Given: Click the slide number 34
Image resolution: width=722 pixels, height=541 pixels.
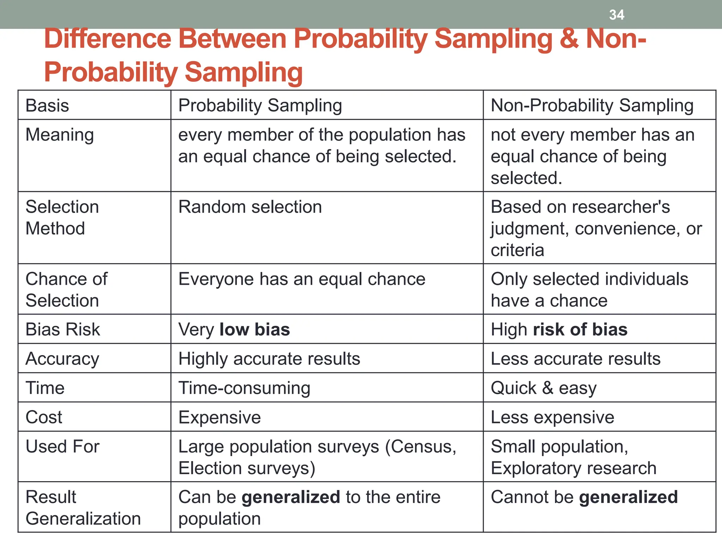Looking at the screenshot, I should [x=617, y=15].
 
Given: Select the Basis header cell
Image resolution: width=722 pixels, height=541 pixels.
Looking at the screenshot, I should [x=47, y=105].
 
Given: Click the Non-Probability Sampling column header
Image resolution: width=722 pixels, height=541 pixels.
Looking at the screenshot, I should [x=592, y=105].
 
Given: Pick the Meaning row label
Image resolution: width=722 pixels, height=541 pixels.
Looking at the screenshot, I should [x=60, y=135].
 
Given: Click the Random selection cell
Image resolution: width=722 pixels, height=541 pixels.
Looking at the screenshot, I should [x=250, y=207].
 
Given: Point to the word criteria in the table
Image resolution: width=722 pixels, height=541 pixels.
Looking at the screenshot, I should [x=517, y=250].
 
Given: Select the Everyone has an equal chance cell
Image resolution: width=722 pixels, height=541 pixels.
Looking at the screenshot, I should [x=302, y=279].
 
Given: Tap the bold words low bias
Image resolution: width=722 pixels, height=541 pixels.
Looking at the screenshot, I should [x=255, y=329].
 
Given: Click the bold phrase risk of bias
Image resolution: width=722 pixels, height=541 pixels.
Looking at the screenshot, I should [x=580, y=329].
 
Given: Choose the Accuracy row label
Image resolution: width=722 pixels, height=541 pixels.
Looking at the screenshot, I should [x=62, y=359].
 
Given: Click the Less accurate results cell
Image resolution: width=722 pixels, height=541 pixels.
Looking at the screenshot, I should [x=575, y=359].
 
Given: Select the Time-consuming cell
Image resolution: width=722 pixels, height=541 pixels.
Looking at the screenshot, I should [x=244, y=388].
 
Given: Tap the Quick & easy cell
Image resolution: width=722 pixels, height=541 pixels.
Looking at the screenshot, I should [x=543, y=388].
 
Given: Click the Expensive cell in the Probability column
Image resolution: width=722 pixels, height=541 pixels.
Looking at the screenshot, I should [x=220, y=417].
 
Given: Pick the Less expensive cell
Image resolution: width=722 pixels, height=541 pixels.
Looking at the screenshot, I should [x=552, y=417].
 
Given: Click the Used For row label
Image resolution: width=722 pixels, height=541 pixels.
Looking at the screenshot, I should [x=62, y=447].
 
